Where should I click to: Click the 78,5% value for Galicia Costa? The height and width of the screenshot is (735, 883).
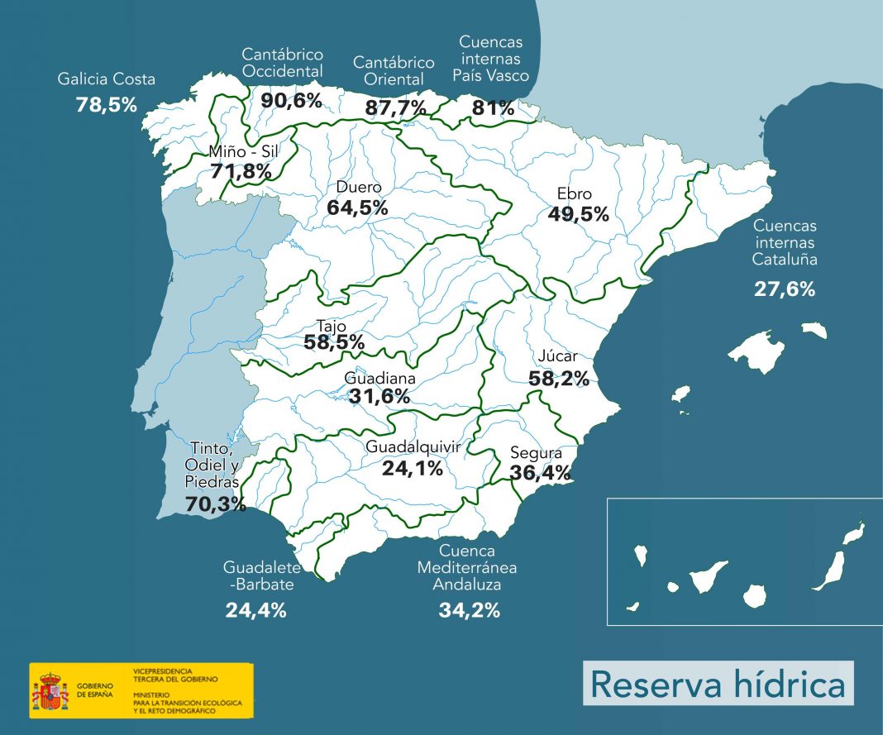[x=106, y=105]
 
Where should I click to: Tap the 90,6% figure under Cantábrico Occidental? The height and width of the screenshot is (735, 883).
[x=291, y=100]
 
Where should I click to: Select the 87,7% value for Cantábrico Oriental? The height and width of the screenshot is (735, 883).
[x=396, y=107]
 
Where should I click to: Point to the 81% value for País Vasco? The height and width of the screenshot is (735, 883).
[x=493, y=107]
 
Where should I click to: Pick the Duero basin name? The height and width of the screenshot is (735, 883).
[x=359, y=187]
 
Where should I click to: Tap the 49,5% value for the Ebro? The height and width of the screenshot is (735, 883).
[x=578, y=214]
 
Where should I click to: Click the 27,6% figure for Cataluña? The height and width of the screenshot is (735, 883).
[x=784, y=289]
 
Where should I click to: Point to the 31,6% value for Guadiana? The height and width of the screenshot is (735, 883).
[x=379, y=396]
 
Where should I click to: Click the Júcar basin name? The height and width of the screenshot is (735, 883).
[x=557, y=357]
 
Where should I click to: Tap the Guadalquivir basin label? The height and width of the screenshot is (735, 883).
[x=413, y=446]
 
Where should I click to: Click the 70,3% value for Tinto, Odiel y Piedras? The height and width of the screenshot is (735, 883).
[x=215, y=504]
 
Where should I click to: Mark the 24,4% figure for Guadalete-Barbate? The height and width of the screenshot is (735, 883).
[x=256, y=611]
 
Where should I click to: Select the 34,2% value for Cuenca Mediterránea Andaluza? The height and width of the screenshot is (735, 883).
[x=469, y=611]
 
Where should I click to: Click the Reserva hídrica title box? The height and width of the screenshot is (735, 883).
[x=718, y=684]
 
